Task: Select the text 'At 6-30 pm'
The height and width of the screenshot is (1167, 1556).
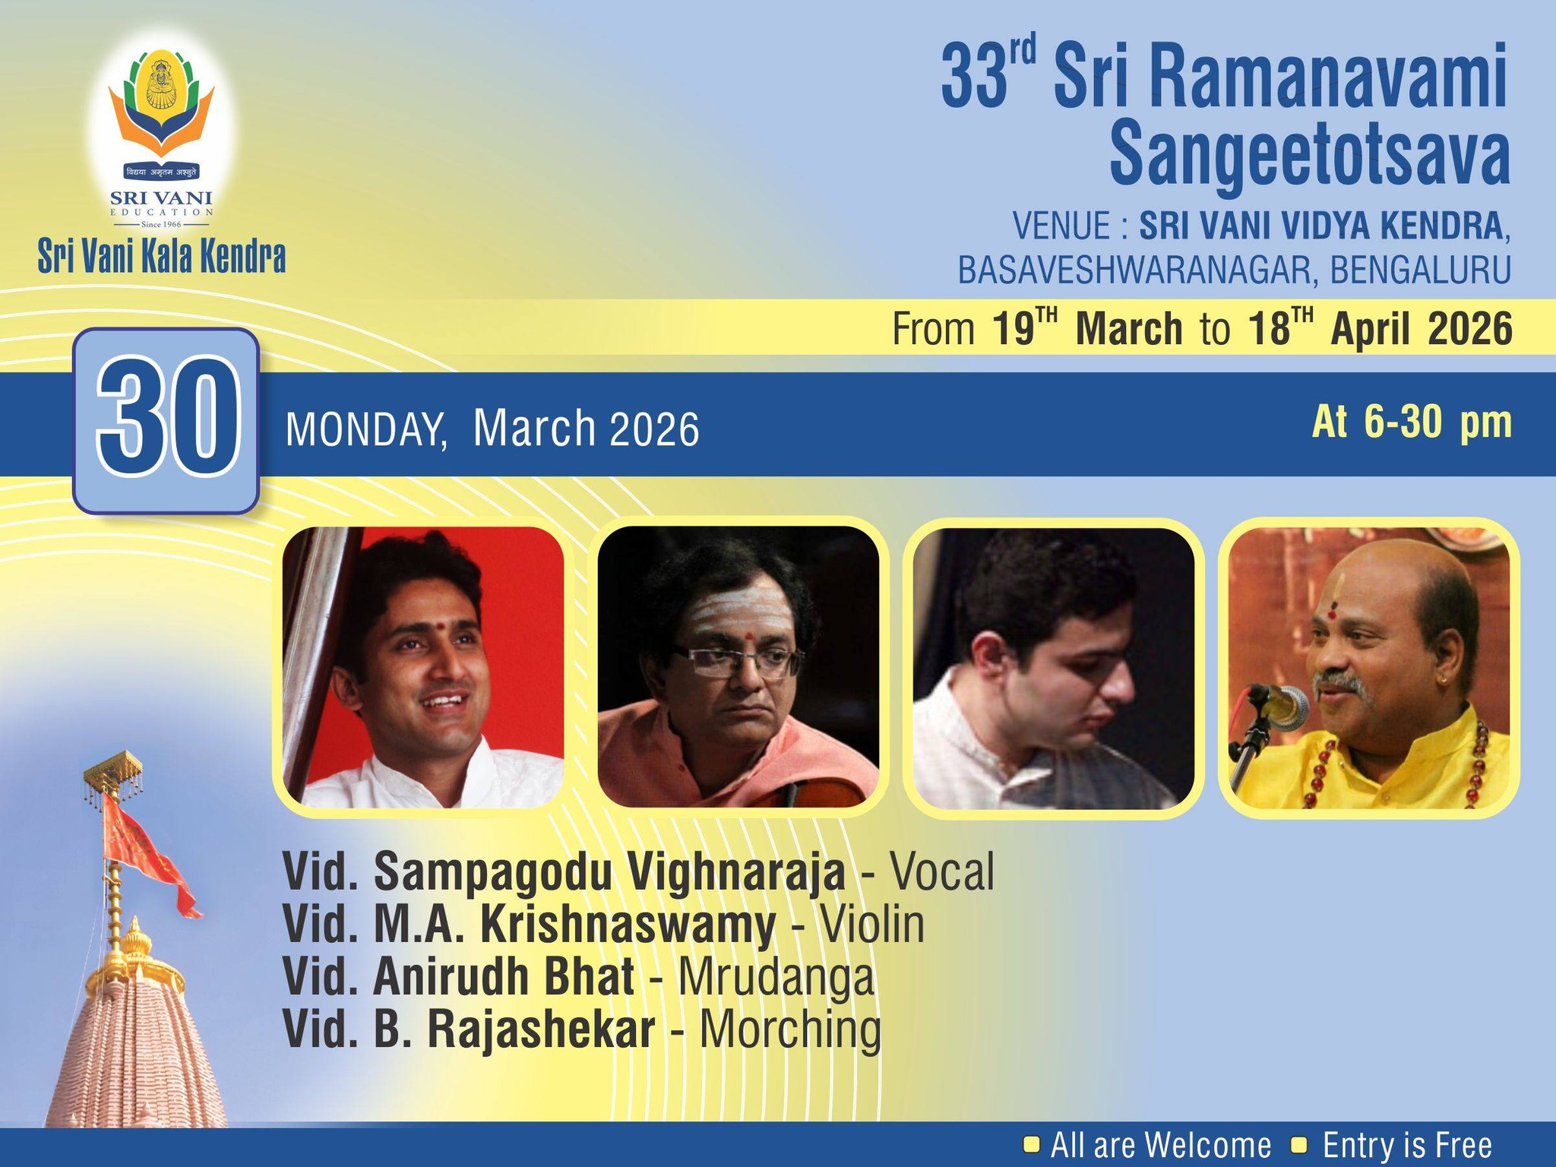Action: (1411, 422)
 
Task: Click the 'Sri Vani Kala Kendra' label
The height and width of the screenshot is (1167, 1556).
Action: (162, 257)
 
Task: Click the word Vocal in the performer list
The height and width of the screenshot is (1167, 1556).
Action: (941, 872)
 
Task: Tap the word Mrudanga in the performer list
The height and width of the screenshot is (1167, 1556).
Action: (776, 977)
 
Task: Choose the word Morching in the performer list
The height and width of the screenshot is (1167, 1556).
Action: (789, 1029)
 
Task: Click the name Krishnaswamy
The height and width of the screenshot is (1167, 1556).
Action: (628, 925)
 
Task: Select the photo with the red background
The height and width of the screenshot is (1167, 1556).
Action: (422, 667)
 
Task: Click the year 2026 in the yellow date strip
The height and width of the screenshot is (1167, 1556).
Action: (1469, 329)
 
